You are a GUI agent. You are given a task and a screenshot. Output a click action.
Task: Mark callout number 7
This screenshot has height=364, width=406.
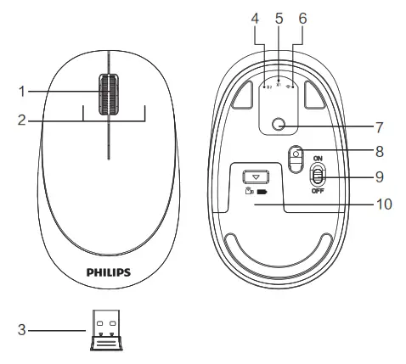(379, 128)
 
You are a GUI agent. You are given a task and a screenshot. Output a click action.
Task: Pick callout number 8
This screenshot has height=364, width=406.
(379, 153)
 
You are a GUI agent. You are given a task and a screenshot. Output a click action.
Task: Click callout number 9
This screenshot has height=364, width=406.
(379, 178)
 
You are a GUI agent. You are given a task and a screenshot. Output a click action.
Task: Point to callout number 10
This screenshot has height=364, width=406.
(382, 204)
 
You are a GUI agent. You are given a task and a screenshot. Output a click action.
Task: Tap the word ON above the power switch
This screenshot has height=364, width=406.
(319, 158)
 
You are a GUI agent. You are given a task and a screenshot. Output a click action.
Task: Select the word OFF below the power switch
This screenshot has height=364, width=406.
(318, 192)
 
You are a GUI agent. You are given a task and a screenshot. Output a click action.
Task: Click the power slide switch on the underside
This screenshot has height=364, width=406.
(318, 176)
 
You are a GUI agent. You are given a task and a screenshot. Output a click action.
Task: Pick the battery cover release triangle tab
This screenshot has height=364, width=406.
(255, 177)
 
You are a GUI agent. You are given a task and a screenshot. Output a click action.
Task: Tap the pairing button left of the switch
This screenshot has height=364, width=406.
(296, 158)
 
